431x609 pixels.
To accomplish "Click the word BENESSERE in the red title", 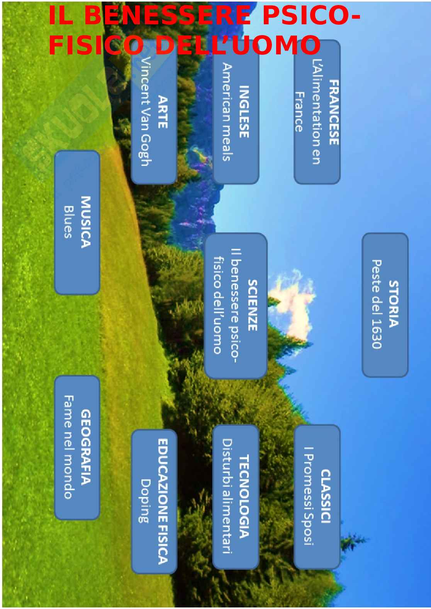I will pos(167,16).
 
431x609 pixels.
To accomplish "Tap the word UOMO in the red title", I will pos(276,46).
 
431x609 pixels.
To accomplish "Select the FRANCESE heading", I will pos(333,112).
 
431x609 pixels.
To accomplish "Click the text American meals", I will pos(227,112).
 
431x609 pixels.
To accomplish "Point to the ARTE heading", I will pos(163,112).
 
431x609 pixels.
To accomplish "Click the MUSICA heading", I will pos(85,222).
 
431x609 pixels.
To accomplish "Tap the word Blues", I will pos(68,222).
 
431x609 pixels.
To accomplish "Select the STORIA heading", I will pos(393,304).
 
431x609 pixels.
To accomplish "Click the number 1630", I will pos(376,334).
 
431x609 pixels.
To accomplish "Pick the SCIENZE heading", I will pos(252,305).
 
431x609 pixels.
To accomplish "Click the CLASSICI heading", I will pos(326,496).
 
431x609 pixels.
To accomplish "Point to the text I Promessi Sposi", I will pos(308,496).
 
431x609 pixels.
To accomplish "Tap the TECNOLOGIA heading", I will pos(244,496).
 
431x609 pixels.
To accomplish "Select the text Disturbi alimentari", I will pos(227,496).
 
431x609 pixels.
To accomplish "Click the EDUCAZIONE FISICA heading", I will pos(163,501).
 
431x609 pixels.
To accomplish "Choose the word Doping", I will pos(145,501).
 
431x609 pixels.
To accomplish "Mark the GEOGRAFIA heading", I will pos(85,447).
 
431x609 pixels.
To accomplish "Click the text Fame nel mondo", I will pos(68,447).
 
